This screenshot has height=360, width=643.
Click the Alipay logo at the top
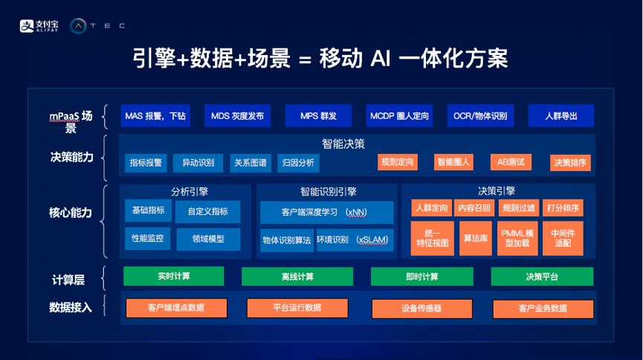tap(39, 26)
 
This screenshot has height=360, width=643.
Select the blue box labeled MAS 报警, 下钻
tap(155, 116)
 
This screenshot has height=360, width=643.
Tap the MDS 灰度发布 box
tap(237, 116)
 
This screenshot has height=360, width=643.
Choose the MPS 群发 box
tap(318, 116)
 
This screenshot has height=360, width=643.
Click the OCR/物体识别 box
tap(480, 116)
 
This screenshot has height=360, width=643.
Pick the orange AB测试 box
tap(511, 162)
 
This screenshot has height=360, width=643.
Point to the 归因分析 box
tap(298, 163)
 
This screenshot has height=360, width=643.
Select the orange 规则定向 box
tap(398, 162)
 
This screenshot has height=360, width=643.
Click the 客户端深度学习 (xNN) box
tap(327, 212)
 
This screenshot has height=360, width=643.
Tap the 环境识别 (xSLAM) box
tap(355, 240)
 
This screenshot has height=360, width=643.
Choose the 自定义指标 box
tap(208, 211)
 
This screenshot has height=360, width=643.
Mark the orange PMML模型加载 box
tap(517, 238)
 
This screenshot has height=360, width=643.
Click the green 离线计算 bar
tap(297, 277)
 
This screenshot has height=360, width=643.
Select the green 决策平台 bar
tap(542, 277)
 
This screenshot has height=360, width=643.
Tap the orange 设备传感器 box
tap(422, 309)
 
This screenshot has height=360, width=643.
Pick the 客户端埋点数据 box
tap(176, 308)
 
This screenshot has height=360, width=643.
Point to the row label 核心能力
tap(70, 213)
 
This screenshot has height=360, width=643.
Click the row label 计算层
tap(68, 280)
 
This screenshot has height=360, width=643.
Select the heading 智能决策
tap(343, 144)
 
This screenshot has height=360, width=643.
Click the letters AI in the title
tap(380, 58)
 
